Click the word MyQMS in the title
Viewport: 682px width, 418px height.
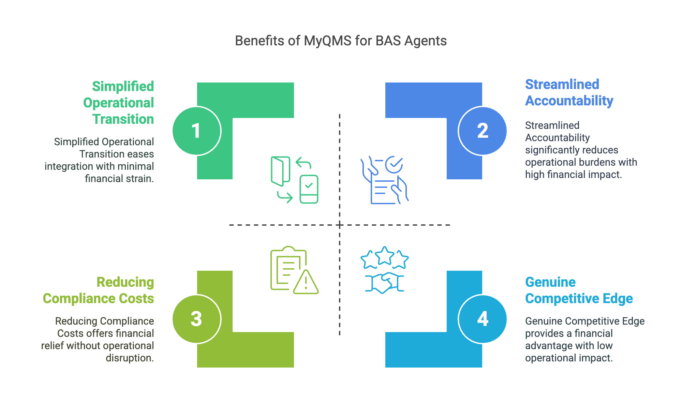pyautogui.click(x=327, y=41)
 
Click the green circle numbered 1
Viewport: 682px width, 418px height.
pyautogui.click(x=197, y=131)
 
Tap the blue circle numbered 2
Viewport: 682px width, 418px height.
pyautogui.click(x=482, y=131)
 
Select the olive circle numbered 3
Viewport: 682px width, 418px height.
pyautogui.click(x=197, y=319)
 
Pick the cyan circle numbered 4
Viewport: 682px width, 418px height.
pyautogui.click(x=482, y=319)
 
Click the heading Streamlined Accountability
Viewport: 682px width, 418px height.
pyautogui.click(x=569, y=93)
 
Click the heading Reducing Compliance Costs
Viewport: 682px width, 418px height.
pyautogui.click(x=98, y=290)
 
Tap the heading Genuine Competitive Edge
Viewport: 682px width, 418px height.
pyautogui.click(x=579, y=290)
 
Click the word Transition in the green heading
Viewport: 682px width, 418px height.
pyautogui.click(x=123, y=119)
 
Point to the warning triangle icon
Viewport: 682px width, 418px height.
pyautogui.click(x=306, y=282)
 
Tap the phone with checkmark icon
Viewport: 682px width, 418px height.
pyautogui.click(x=309, y=189)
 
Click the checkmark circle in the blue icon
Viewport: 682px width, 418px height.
pyautogui.click(x=394, y=165)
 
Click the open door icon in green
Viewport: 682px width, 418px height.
pyautogui.click(x=280, y=171)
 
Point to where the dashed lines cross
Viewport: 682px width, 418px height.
pyautogui.click(x=340, y=225)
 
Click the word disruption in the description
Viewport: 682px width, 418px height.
pyautogui.click(x=130, y=358)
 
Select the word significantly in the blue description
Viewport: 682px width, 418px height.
pyautogui.click(x=555, y=150)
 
